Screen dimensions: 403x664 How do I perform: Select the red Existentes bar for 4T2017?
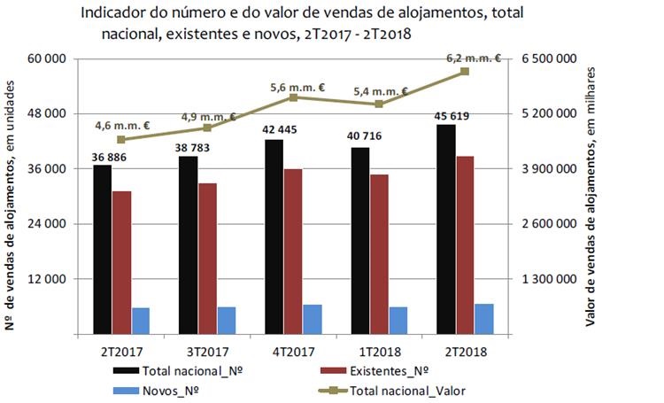[293, 252]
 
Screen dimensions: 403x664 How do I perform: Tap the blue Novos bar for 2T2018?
[483, 319]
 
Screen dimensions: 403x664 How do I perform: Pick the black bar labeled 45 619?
[446, 229]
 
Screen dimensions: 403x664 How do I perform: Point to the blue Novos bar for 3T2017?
[227, 321]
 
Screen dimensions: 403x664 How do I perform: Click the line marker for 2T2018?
[465, 71]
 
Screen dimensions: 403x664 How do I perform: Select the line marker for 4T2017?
[293, 97]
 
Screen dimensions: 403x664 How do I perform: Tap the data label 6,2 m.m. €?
[474, 58]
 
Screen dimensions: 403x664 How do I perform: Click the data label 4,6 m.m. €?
[122, 125]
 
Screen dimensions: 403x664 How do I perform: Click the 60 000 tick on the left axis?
[49, 59]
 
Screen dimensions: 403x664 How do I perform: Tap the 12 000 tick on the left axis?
[49, 279]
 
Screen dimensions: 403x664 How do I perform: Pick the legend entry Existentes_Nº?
[390, 370]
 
